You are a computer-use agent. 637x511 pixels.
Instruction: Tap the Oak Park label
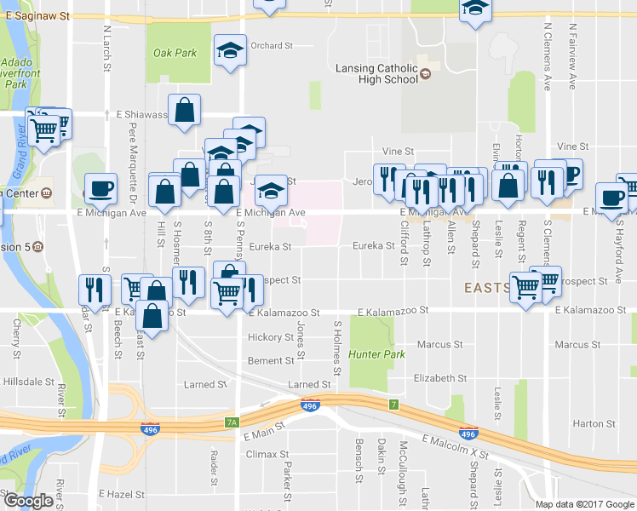[175, 53]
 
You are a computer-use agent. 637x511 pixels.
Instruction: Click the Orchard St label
[272, 45]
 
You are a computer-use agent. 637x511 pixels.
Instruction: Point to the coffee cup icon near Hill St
[101, 189]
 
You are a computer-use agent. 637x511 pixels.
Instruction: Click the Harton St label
[594, 423]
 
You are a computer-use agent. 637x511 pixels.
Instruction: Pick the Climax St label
[262, 455]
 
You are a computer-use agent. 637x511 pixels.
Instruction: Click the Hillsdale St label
[26, 384]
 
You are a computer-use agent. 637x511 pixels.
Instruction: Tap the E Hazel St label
[123, 494]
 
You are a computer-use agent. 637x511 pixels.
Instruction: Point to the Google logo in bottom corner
[28, 501]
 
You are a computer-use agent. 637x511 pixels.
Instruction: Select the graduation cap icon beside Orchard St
[230, 50]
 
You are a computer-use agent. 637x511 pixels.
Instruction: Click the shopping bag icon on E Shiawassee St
[184, 111]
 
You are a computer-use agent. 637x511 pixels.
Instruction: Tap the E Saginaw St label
[59, 15]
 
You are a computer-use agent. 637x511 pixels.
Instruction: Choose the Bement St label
[270, 361]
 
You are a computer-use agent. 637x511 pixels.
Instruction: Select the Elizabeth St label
[439, 378]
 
